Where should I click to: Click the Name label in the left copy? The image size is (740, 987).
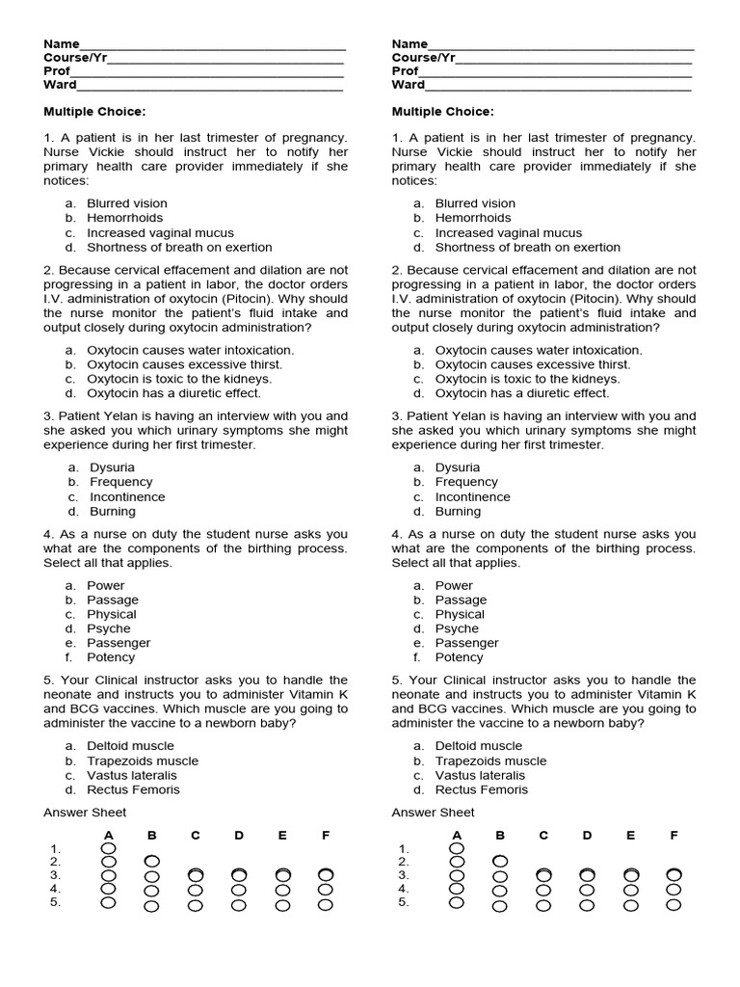click(61, 43)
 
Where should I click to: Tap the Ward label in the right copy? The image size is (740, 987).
click(409, 85)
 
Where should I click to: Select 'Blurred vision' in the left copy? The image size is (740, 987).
click(126, 203)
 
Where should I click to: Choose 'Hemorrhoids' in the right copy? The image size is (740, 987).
click(473, 218)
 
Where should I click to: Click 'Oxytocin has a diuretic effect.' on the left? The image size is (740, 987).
click(174, 393)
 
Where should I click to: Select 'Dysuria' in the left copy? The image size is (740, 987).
click(112, 467)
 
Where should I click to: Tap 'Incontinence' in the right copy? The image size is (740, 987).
click(474, 497)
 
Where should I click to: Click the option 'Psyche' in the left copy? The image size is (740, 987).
click(108, 628)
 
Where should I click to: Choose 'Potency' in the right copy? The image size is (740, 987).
click(459, 657)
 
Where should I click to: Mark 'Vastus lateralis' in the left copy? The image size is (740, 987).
click(131, 775)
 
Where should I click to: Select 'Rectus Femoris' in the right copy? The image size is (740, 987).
click(481, 789)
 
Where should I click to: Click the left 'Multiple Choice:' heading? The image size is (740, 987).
click(94, 112)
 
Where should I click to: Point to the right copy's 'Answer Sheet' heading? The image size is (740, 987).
click(433, 813)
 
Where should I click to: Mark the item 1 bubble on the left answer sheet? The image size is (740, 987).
click(108, 848)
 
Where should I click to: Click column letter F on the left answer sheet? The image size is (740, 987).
click(326, 836)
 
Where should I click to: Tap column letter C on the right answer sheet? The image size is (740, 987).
click(543, 836)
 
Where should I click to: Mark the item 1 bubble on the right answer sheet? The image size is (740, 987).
click(457, 848)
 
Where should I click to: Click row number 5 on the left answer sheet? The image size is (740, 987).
click(56, 902)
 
